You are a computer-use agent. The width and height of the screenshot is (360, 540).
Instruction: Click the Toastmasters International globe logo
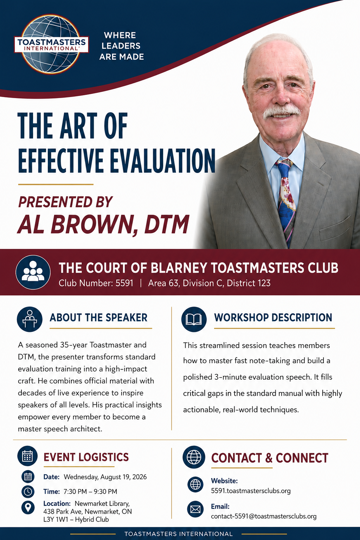tap(51, 44)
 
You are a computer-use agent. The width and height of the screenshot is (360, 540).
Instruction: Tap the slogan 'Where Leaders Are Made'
tap(121, 46)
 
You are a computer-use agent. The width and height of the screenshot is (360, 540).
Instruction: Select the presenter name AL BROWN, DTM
tap(103, 224)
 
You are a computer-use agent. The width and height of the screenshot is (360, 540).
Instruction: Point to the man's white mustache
tap(281, 111)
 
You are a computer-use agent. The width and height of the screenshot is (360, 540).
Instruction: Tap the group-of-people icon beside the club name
tap(33, 272)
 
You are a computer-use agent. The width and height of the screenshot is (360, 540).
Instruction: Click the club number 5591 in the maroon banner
tap(124, 283)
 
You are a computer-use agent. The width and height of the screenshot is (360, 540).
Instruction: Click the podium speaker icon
tap(30, 319)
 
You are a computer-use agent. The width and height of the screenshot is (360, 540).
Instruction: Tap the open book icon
tap(194, 319)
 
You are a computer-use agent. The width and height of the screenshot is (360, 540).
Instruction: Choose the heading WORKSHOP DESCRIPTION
tap(273, 317)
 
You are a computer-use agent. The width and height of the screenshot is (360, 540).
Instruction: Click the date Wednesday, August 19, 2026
tap(105, 477)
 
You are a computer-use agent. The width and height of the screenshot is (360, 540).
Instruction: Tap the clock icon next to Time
tap(28, 491)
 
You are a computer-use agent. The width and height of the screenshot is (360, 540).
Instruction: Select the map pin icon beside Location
tap(28, 507)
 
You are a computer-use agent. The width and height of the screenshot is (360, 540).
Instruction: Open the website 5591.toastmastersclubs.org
tap(251, 490)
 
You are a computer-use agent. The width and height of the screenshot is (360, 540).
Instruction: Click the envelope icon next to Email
tap(195, 509)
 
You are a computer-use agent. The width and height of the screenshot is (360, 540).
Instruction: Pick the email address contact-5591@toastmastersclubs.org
tap(264, 516)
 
